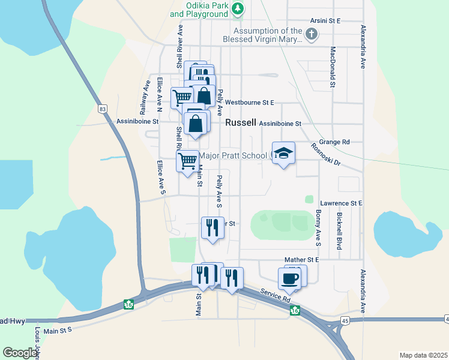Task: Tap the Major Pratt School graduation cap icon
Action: pyautogui.click(x=283, y=154)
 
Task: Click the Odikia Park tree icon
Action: pyautogui.click(x=238, y=8)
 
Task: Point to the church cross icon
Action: pyautogui.click(x=310, y=35)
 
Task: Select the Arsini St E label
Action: pyautogui.click(x=325, y=20)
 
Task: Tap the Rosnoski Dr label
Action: pyautogui.click(x=325, y=155)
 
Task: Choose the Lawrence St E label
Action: pyautogui.click(x=341, y=203)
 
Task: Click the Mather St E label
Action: pyautogui.click(x=301, y=260)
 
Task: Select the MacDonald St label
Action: pyautogui.click(x=332, y=67)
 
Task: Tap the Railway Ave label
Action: pyautogui.click(x=144, y=100)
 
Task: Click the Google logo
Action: pyautogui.click(x=19, y=353)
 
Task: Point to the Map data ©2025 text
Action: pyautogui.click(x=423, y=355)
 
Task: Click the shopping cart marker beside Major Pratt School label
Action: pyautogui.click(x=188, y=161)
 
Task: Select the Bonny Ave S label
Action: pyautogui.click(x=318, y=227)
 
